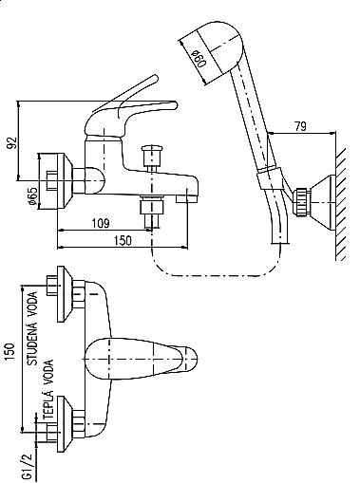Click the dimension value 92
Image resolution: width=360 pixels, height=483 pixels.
coord(11,142)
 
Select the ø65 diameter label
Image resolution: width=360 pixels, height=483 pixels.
coord(32,196)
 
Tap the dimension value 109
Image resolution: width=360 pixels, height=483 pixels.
coord(101,223)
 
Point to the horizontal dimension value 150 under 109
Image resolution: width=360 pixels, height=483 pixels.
coord(122,240)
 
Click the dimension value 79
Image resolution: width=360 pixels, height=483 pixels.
coord(300,126)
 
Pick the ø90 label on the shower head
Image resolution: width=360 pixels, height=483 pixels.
coord(199,58)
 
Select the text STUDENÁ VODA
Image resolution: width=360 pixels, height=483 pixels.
coord(32,328)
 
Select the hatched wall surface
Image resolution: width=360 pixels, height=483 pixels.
coord(341,203)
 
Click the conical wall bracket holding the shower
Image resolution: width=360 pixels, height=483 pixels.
coord(322,202)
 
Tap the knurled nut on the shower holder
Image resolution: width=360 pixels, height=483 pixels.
coord(302,202)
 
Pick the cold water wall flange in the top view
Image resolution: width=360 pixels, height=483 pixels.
coord(65,294)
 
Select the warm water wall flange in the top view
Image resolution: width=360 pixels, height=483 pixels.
coord(65,423)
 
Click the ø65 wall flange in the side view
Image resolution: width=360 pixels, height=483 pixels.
coord(65,181)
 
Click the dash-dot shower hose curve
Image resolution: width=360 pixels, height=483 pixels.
coord(216,275)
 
